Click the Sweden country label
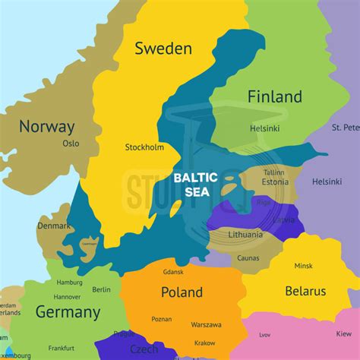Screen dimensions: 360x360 point(163,49)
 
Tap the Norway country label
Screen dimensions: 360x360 point(47,127)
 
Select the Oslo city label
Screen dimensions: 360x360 point(71,143)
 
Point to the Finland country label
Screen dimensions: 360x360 point(275,96)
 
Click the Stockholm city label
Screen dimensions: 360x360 point(144,147)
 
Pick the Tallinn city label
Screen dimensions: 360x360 point(273,172)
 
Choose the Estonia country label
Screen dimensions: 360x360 point(275,182)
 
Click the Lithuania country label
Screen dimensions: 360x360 point(245,235)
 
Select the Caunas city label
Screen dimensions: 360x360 point(248,258)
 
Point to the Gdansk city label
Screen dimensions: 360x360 point(174,272)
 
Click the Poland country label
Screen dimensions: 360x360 point(182,292)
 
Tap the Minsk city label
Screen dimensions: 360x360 point(303,266)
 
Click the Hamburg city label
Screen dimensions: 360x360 point(69,283)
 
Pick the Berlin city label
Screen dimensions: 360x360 point(101,289)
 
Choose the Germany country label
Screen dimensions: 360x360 point(67,312)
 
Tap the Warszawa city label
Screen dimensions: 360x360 point(207,324)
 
